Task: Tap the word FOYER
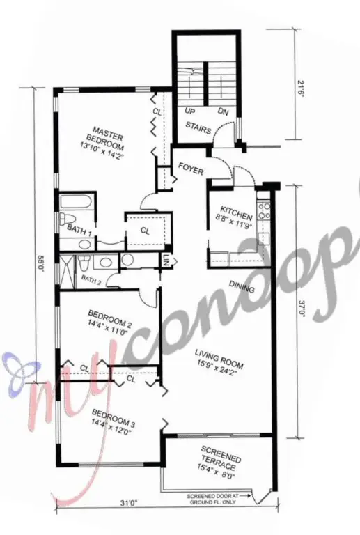tap(190, 167)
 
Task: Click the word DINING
tap(241, 287)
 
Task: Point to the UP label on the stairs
tap(189, 110)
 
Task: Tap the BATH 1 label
tap(77, 228)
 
